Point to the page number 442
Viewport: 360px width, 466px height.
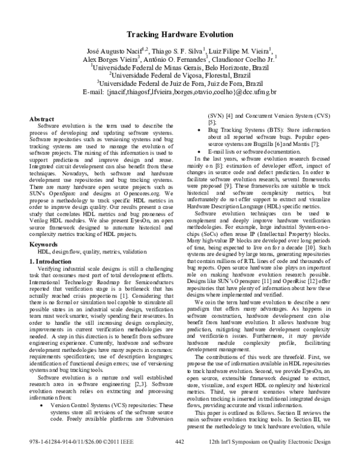(x=179, y=458)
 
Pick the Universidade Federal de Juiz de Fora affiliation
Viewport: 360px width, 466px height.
(x=181, y=84)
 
